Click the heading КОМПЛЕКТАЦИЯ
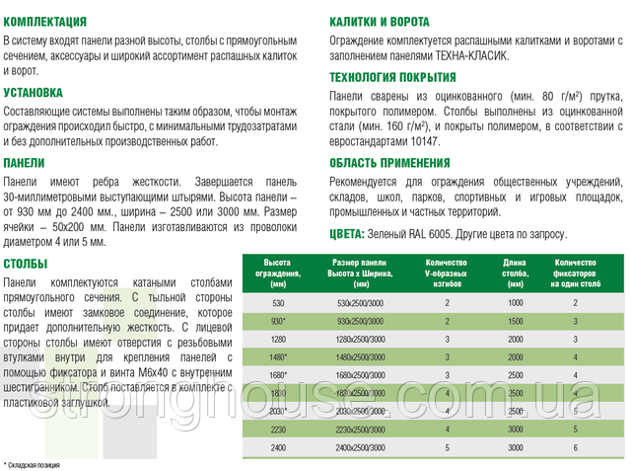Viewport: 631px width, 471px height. coord(44,20)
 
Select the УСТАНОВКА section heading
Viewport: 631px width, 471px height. coord(34,92)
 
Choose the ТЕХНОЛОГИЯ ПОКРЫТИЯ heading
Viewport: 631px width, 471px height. coord(392,77)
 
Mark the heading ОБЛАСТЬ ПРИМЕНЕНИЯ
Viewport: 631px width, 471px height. coord(388,162)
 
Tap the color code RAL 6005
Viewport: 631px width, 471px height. coord(449,233)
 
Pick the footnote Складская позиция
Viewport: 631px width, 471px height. coord(35,463)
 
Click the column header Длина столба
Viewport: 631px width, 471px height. coord(515,268)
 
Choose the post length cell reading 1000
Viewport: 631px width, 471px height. coord(516,302)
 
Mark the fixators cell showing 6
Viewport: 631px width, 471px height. coord(576,447)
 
